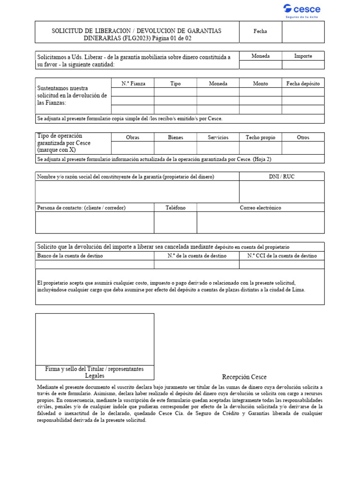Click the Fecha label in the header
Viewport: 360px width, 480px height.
260,31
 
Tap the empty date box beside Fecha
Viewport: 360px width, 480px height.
303,31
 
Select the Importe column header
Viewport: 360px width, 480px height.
303,56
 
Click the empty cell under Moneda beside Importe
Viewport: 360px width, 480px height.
260,65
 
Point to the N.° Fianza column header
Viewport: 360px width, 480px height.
133,83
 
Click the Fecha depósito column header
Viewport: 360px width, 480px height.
303,83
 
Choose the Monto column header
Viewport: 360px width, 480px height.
260,83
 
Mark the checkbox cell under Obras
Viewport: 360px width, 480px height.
133,148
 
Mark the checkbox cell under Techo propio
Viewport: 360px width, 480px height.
260,148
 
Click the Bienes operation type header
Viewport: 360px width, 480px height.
175,137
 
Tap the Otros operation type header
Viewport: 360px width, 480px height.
303,137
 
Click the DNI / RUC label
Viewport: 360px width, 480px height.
282,176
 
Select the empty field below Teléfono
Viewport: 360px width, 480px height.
175,222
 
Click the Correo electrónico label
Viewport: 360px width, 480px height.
260,208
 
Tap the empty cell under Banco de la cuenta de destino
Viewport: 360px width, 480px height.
95,264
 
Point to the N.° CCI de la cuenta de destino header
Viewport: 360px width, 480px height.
282,256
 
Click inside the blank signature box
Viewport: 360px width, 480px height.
95,338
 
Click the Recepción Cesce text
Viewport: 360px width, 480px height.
244,377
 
